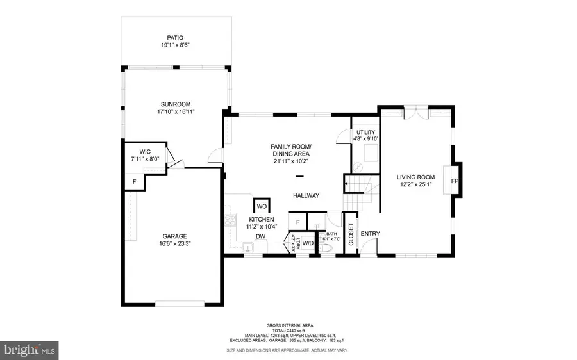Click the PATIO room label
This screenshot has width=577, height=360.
point(176,38)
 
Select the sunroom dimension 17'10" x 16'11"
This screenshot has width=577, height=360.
point(176,111)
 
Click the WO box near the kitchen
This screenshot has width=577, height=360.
point(262,206)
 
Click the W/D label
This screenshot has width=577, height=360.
point(308,243)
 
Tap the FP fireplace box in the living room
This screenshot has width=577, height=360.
point(454,181)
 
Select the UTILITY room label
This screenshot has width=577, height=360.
point(366,133)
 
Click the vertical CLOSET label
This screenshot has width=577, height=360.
point(351,234)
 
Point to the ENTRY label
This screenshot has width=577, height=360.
point(370,234)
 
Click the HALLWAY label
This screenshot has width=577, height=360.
point(306,196)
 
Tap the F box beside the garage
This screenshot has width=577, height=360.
point(134,182)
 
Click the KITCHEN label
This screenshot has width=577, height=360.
point(262,219)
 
